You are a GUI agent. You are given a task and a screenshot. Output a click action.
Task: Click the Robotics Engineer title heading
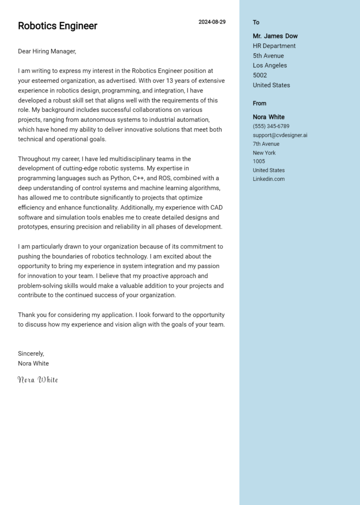[x=57, y=26]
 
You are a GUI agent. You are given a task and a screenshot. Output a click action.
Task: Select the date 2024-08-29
[x=212, y=22]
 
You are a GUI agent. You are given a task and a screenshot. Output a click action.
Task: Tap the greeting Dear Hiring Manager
[x=47, y=52]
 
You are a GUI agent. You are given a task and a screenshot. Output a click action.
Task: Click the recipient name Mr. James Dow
[x=275, y=36]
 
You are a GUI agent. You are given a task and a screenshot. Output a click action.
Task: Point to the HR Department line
[x=274, y=46]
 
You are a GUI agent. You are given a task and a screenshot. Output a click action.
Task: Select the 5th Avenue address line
[x=268, y=56]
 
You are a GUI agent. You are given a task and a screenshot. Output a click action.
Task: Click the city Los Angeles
[x=270, y=66]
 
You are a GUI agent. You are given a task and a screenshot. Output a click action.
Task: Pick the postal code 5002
[x=260, y=75]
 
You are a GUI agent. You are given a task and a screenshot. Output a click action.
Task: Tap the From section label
[x=259, y=104]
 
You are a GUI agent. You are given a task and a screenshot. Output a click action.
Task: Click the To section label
[x=256, y=22]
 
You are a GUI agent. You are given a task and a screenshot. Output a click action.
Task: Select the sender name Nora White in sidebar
[x=269, y=117]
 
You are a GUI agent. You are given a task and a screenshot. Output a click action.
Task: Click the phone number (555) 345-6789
[x=271, y=126]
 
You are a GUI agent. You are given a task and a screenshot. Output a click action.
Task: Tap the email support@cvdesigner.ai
[x=280, y=135]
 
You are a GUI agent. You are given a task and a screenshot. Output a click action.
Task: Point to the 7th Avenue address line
[x=266, y=144]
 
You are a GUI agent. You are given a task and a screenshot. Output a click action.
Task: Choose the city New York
[x=264, y=153]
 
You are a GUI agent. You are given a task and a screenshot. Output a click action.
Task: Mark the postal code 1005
[x=259, y=162]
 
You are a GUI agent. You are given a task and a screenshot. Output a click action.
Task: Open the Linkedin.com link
[x=269, y=179]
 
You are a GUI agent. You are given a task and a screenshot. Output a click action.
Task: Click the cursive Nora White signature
[x=38, y=379]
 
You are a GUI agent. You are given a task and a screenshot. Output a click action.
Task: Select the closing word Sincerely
[x=31, y=354]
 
